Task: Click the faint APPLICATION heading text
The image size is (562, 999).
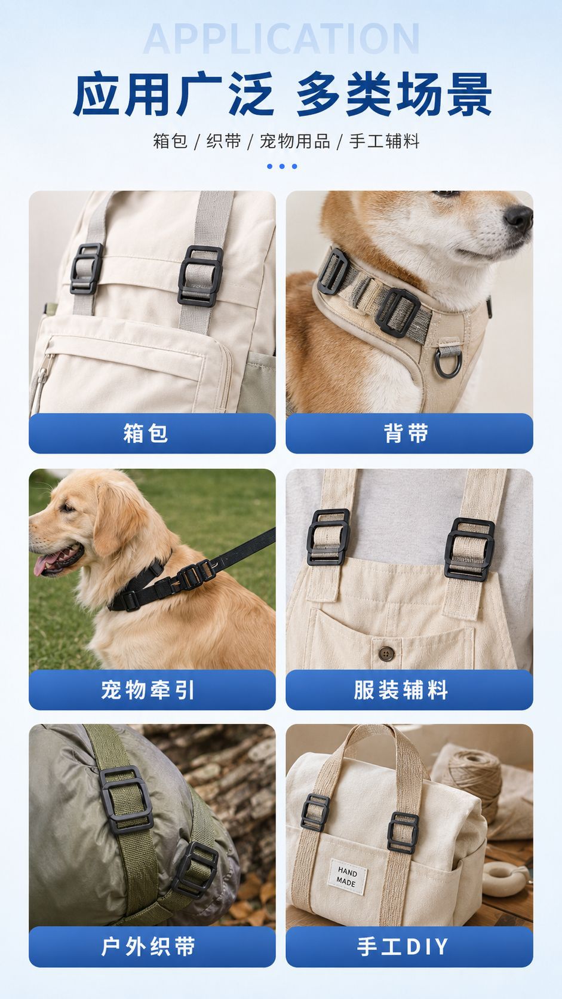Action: [x=281, y=39]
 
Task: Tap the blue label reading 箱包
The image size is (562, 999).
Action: [x=145, y=433]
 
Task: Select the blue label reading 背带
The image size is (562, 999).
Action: [x=406, y=433]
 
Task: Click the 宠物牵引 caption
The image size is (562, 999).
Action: [x=148, y=690]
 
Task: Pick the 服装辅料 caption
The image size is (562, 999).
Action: [x=401, y=690]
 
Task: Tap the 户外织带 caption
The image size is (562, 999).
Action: [x=148, y=946]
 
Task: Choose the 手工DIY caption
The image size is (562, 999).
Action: [x=403, y=946]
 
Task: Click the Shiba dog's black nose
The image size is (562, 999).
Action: [x=518, y=218]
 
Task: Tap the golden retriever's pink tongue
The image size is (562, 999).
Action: [x=45, y=563]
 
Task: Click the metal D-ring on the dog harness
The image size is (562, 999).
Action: [x=448, y=362]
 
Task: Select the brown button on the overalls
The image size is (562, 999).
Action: [x=386, y=654]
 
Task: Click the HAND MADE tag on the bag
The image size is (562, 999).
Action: [x=347, y=877]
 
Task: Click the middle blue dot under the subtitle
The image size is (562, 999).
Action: [x=282, y=166]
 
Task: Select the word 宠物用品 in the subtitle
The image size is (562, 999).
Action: [x=294, y=142]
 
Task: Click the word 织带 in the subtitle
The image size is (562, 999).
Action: [x=223, y=142]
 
